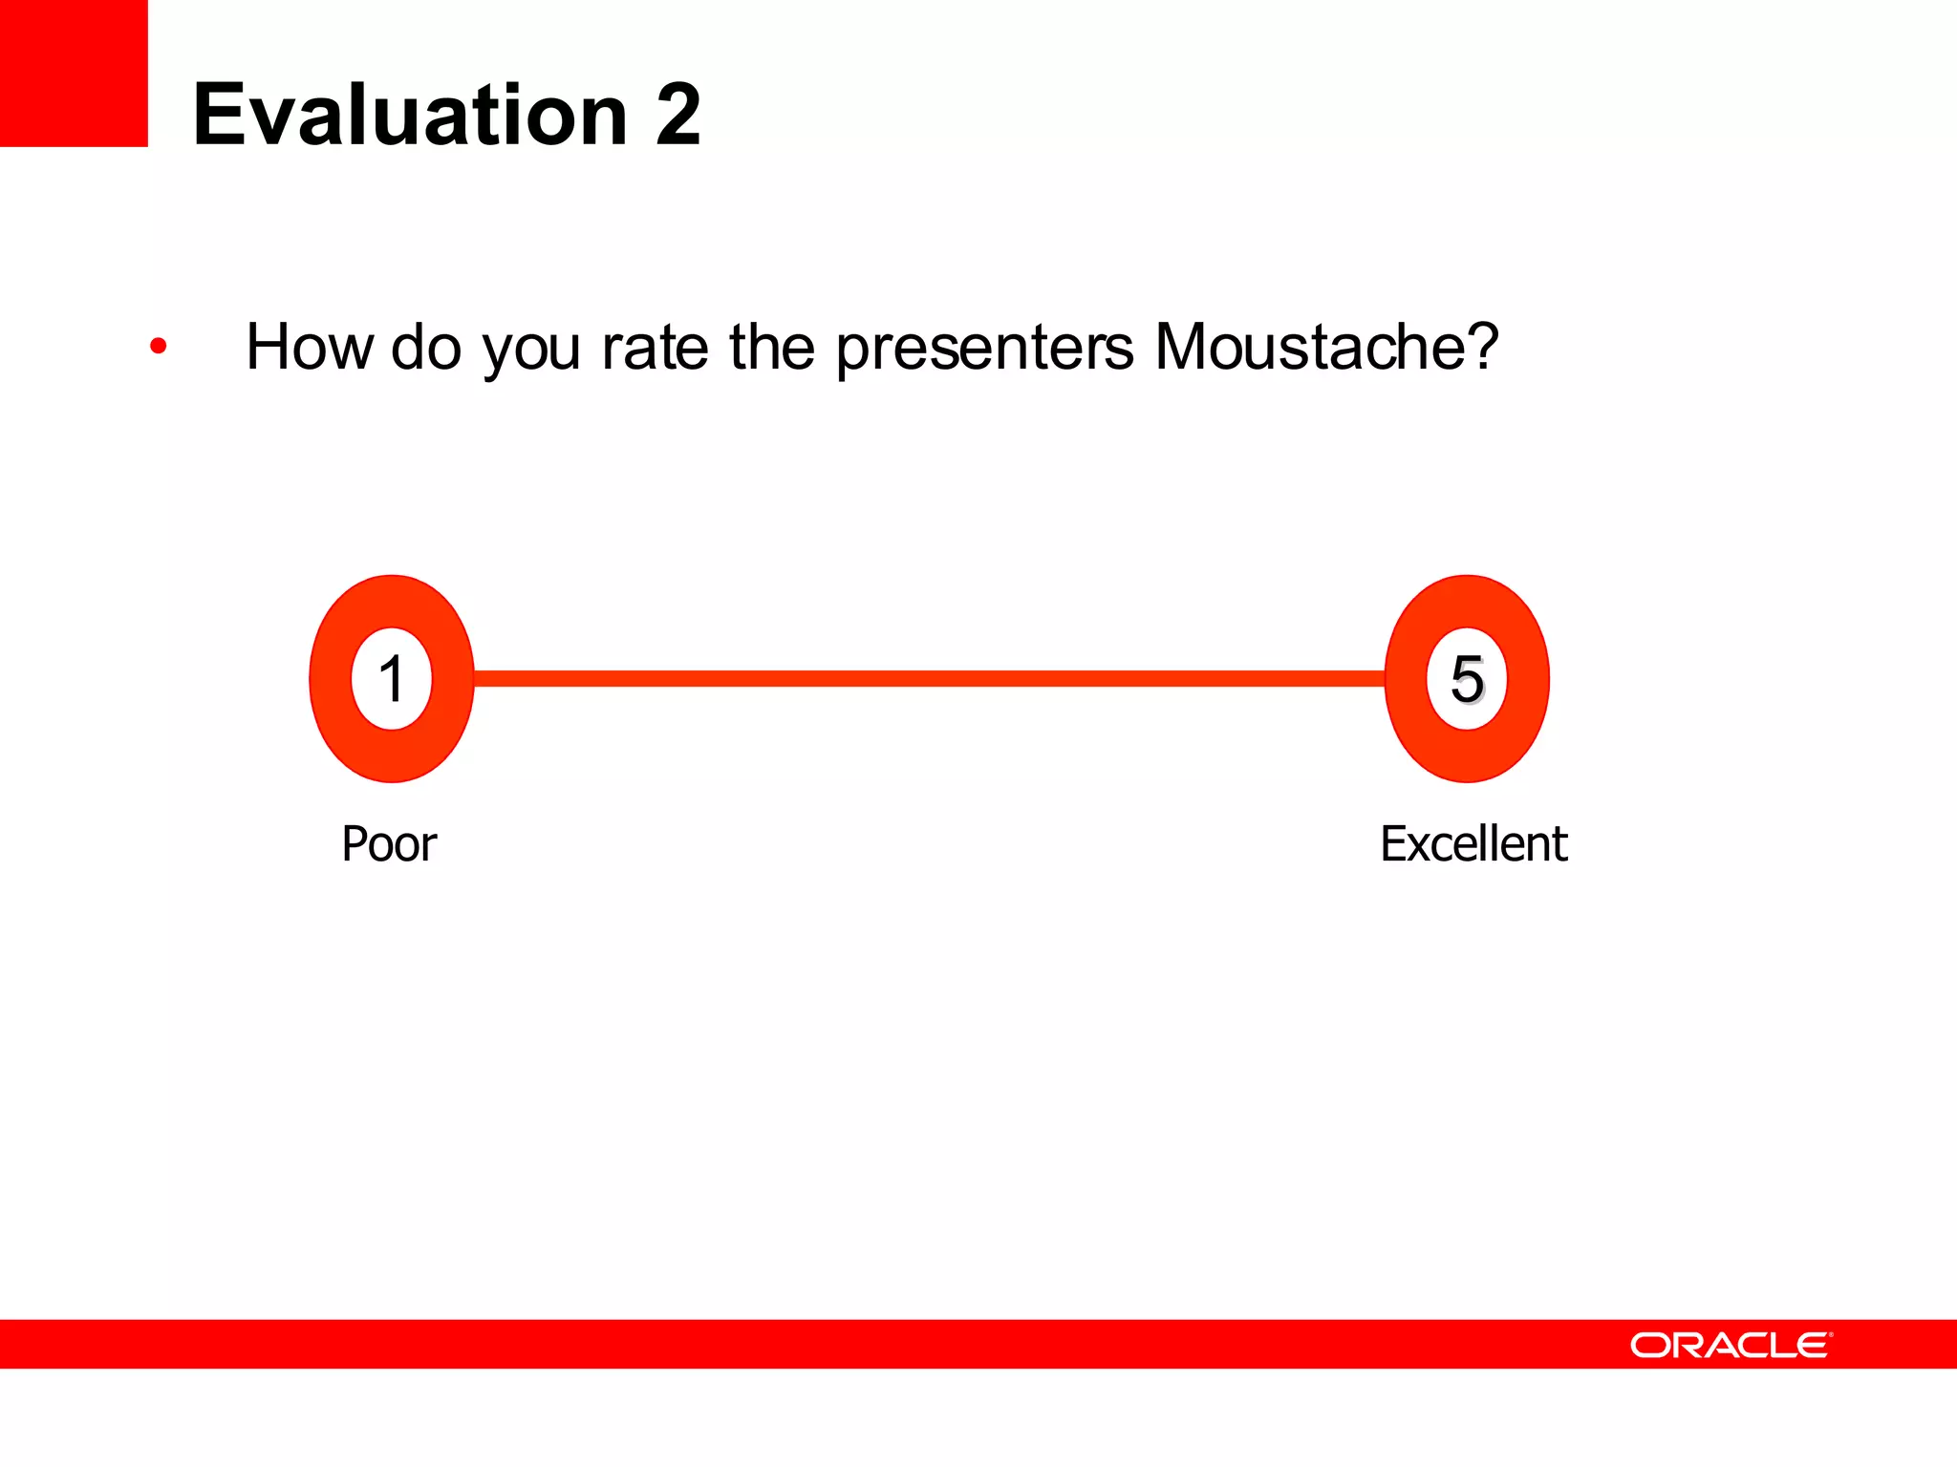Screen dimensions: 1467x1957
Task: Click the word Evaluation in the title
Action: (x=409, y=115)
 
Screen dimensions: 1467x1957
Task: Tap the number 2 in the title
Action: (x=677, y=115)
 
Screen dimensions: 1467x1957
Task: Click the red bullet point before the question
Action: (x=159, y=347)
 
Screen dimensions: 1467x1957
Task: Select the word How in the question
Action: (x=309, y=347)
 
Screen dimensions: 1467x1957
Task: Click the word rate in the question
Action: (x=655, y=347)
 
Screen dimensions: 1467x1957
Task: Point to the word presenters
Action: (x=984, y=347)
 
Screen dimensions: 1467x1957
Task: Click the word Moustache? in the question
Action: (x=1326, y=347)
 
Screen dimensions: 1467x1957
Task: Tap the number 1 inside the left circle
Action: (x=392, y=679)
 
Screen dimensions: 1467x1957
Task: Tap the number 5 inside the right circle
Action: (x=1467, y=679)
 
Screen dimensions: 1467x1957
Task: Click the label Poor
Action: (x=389, y=844)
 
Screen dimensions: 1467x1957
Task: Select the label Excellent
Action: (x=1473, y=844)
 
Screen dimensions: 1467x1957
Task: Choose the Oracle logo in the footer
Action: (x=1728, y=1345)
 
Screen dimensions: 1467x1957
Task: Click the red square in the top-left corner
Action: (x=74, y=73)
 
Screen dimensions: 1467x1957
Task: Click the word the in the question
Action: (x=772, y=347)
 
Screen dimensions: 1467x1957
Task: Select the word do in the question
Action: (x=426, y=347)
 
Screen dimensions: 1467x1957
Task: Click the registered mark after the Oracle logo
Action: (x=1831, y=1334)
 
